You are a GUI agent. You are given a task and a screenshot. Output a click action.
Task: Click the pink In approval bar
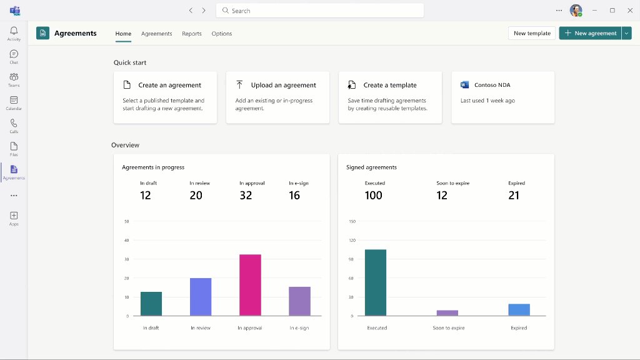click(x=250, y=285)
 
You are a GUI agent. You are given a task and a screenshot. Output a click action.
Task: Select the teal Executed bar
click(x=376, y=282)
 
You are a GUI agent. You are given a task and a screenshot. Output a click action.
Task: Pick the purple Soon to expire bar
click(x=447, y=312)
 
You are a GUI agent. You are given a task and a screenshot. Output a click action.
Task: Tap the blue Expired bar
click(x=519, y=309)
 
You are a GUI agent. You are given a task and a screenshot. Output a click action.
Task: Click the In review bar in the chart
click(x=201, y=297)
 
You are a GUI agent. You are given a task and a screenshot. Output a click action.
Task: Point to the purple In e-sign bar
click(x=299, y=301)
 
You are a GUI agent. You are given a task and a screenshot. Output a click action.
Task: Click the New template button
click(x=532, y=33)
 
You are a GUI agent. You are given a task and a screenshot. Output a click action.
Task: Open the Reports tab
click(x=192, y=34)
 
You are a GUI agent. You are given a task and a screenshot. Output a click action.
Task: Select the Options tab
click(x=222, y=34)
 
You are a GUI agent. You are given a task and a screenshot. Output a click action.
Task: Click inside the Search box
click(x=320, y=11)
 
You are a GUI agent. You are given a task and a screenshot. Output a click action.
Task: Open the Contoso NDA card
click(x=502, y=97)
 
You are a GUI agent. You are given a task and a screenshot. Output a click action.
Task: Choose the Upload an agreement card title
click(x=283, y=85)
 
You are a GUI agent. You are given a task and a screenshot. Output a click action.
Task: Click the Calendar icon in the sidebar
click(x=14, y=100)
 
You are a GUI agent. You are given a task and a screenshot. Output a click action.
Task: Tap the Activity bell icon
click(x=14, y=31)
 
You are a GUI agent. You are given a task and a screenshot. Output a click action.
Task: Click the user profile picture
click(x=576, y=11)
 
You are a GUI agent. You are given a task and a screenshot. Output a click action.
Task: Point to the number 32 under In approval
click(x=246, y=196)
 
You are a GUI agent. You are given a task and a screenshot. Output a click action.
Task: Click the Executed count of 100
click(x=373, y=196)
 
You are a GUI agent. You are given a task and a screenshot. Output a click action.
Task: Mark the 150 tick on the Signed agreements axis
click(x=352, y=221)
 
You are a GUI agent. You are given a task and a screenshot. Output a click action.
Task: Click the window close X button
click(x=629, y=11)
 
